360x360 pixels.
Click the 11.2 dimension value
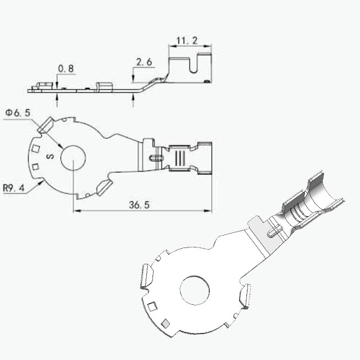[x=187, y=40]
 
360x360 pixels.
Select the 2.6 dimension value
[x=144, y=62]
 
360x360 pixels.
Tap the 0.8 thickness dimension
[x=66, y=69]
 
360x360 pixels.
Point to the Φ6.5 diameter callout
[x=17, y=112]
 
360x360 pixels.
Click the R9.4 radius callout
[x=13, y=188]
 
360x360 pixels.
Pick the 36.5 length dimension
[x=139, y=205]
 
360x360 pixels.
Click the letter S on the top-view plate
[x=50, y=156]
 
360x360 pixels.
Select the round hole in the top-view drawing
[x=73, y=157]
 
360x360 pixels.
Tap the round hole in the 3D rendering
[x=195, y=290]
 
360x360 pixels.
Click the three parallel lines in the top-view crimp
[x=180, y=157]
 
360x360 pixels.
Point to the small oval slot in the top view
[x=156, y=157]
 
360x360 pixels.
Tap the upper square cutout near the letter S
[x=35, y=148]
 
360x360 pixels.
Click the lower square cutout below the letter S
[x=35, y=167]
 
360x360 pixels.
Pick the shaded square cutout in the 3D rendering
[x=165, y=323]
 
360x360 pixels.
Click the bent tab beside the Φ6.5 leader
[x=46, y=125]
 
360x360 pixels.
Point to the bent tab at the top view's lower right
[x=105, y=187]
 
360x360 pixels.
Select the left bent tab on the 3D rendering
[x=146, y=276]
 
